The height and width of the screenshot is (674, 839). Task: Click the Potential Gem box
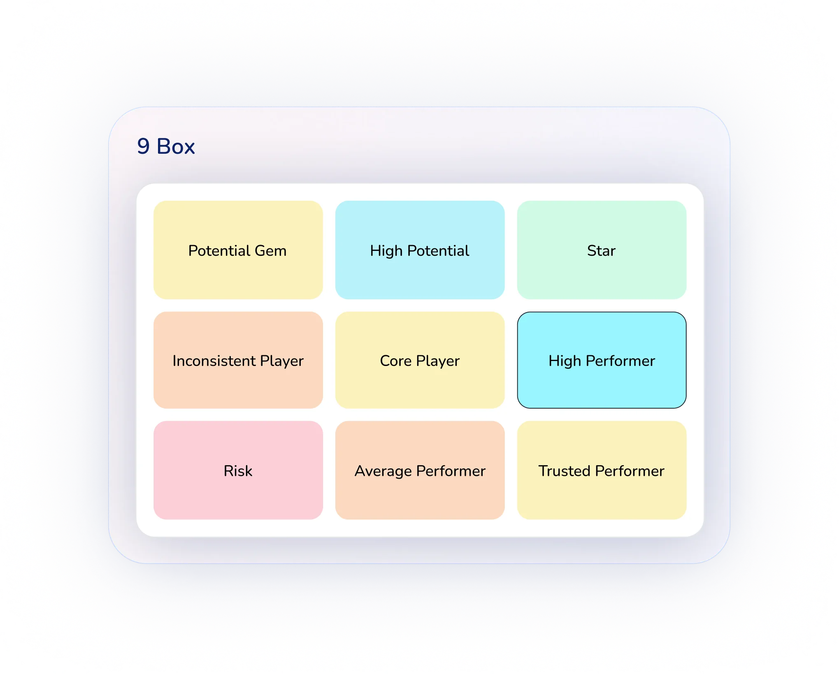(238, 250)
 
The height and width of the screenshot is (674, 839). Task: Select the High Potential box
(420, 250)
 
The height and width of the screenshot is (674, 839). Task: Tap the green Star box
(602, 250)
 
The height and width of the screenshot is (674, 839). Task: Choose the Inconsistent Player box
(238, 360)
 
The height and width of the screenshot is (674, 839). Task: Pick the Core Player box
(420, 360)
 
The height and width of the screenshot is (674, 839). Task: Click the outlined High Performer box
(602, 360)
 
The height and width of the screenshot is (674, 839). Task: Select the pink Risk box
(238, 470)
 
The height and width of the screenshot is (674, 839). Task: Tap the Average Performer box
(420, 470)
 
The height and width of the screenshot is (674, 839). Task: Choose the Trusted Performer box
(602, 470)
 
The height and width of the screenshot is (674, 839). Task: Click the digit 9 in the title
(143, 146)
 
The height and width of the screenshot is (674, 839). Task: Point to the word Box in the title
(176, 146)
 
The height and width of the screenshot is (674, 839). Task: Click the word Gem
(270, 250)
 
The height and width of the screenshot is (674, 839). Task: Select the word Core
(395, 361)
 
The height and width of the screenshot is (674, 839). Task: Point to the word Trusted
(565, 471)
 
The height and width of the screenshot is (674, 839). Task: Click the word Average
(383, 471)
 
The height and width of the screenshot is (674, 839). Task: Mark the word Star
(601, 250)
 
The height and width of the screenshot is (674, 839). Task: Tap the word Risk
(238, 471)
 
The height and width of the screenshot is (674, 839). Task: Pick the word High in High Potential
(386, 251)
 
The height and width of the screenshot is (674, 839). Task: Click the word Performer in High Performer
(620, 361)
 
